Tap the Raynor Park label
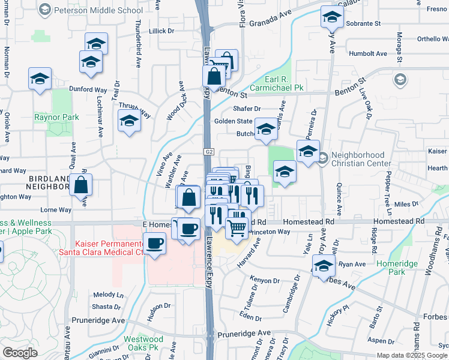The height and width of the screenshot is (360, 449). (x=56, y=117)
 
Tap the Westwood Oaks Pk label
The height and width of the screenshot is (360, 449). (x=143, y=343)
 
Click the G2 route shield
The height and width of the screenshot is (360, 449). (x=209, y=152)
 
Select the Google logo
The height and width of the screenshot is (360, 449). (x=20, y=352)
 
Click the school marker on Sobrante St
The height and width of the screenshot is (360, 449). (x=331, y=17)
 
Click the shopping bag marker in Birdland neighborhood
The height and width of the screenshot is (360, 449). (x=81, y=185)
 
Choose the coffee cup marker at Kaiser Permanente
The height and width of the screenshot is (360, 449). (x=155, y=244)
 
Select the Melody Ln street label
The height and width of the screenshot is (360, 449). (x=109, y=295)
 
